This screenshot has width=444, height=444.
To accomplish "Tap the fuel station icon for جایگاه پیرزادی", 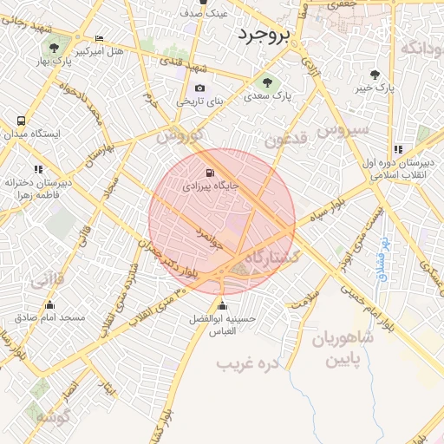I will [x=208, y=172].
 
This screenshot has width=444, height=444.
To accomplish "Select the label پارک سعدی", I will [x=267, y=100].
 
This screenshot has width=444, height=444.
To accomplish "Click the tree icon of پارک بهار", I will [x=54, y=48].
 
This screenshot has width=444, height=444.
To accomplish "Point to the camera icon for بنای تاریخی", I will [x=200, y=88].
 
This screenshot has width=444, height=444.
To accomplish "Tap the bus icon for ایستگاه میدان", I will [x=20, y=121].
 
